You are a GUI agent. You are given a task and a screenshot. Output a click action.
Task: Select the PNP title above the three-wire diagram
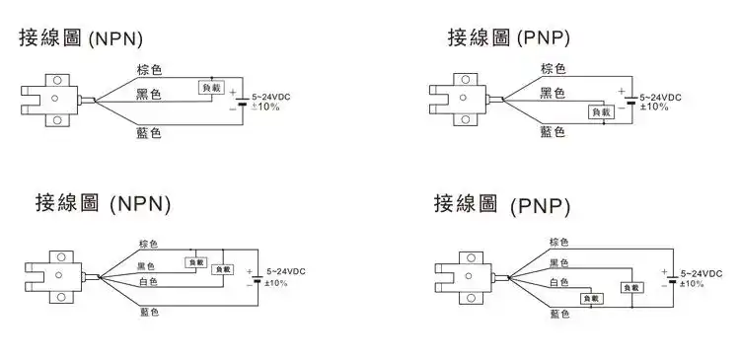tap(508, 38)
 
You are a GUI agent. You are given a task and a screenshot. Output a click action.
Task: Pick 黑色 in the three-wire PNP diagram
tap(553, 93)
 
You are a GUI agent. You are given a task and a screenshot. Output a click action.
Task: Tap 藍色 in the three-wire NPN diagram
tap(149, 132)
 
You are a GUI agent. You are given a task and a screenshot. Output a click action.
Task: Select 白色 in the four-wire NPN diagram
tap(148, 281)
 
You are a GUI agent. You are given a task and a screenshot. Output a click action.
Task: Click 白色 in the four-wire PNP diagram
tap(559, 282)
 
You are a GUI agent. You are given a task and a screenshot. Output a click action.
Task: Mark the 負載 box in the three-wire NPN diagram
tap(211, 88)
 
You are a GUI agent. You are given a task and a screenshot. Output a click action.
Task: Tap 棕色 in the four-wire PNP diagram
tap(559, 242)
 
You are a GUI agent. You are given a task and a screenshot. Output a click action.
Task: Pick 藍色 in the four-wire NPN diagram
tap(148, 312)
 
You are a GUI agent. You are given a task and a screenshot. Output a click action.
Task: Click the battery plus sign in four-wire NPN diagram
tap(249, 271)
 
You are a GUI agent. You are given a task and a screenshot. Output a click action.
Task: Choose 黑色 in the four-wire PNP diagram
tap(559, 262)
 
